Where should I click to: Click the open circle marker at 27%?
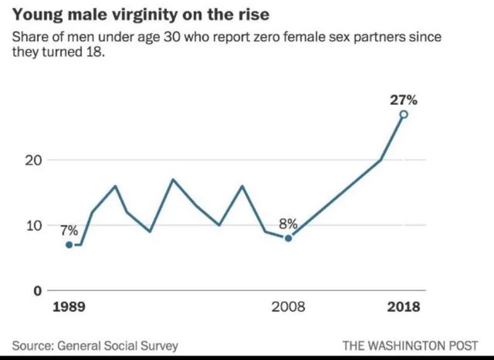pos(403,114)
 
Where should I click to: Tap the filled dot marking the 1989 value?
pos(69,245)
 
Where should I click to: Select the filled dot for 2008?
pos(288,238)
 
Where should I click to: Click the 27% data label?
pos(403,100)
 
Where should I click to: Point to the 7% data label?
pos(69,230)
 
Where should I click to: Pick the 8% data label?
pos(289,224)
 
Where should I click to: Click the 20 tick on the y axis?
pos(33,161)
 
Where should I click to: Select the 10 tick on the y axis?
pos(33,226)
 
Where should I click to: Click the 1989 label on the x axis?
pos(69,307)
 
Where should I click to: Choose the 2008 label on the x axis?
pos(288,307)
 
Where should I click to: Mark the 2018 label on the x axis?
pos(403,307)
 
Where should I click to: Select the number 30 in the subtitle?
pos(167,37)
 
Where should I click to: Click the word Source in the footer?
pos(32,345)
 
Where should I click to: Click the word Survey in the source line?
pos(157,345)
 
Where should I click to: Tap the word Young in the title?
pos(34,15)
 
